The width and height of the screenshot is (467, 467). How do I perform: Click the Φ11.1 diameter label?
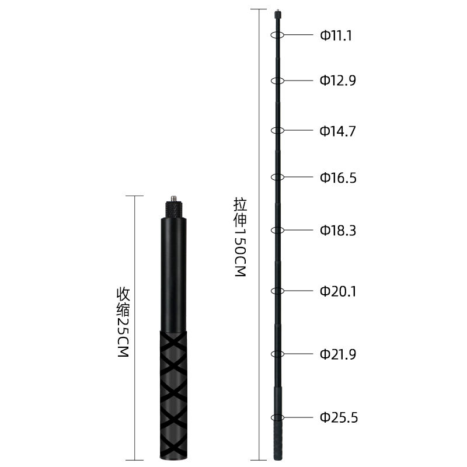click(x=336, y=36)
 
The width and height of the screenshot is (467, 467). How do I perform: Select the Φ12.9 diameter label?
click(x=338, y=81)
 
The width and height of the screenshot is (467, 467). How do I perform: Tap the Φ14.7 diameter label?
click(x=338, y=131)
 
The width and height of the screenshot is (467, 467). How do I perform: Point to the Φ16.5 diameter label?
click(x=338, y=177)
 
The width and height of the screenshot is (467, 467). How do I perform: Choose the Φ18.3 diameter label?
click(x=338, y=231)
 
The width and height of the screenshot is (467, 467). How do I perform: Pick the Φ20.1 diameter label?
click(x=338, y=291)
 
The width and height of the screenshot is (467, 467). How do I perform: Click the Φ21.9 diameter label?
click(x=338, y=354)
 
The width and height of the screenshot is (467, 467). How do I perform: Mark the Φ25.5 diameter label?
click(x=339, y=417)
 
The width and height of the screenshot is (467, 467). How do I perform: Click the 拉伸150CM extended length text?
click(x=240, y=237)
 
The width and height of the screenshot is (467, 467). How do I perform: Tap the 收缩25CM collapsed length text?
click(x=123, y=322)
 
